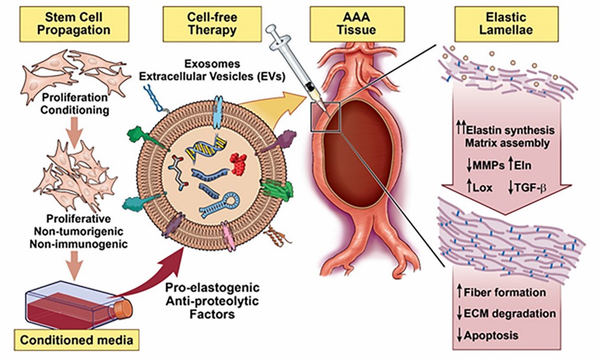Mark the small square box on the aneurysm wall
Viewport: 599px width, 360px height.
pos(324,116)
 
